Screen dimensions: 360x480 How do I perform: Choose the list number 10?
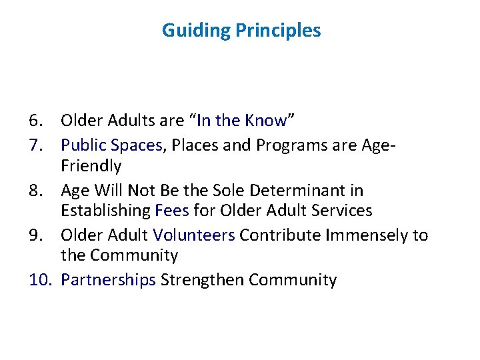tap(39, 280)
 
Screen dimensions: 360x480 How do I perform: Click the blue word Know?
tap(265, 121)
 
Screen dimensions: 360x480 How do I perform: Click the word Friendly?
tap(91, 166)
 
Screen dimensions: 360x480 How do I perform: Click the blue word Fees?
tap(171, 211)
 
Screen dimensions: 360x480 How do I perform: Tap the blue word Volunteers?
tap(194, 235)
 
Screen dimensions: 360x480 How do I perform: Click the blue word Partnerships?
tap(108, 280)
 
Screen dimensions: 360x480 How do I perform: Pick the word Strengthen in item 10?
tap(203, 280)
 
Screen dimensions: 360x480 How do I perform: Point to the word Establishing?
tap(105, 211)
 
